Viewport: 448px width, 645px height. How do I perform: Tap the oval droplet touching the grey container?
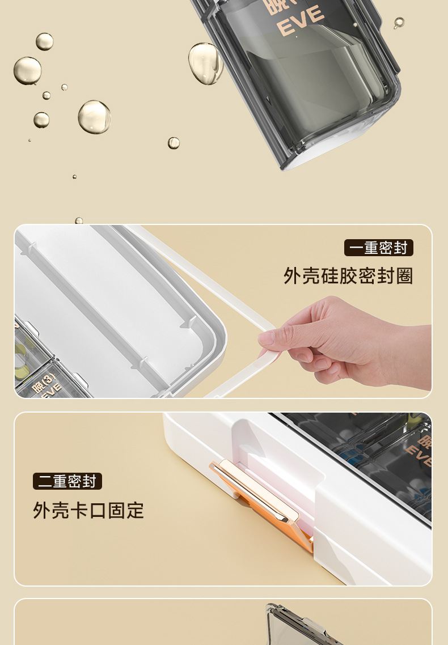[205, 63]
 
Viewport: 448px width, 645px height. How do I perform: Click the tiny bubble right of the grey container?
[399, 23]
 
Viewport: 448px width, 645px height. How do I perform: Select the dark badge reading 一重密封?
[378, 248]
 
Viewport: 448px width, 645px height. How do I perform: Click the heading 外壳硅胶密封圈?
[348, 276]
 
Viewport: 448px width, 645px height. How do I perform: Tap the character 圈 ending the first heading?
[405, 276]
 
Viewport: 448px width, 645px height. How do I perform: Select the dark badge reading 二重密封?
[67, 481]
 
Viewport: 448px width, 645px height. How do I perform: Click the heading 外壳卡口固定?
[88, 510]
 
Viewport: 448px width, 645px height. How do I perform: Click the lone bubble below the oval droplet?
[174, 143]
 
